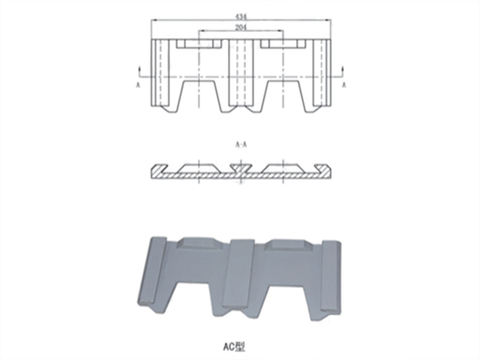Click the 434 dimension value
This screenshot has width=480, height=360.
click(241, 15)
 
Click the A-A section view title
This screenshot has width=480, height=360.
click(241, 145)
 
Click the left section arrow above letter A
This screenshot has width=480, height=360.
click(138, 69)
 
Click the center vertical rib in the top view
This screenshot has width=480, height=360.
click(241, 76)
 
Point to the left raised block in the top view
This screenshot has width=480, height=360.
click(198, 42)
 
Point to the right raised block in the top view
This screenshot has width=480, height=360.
click(285, 42)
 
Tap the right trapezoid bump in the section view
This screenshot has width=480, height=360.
click(285, 166)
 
